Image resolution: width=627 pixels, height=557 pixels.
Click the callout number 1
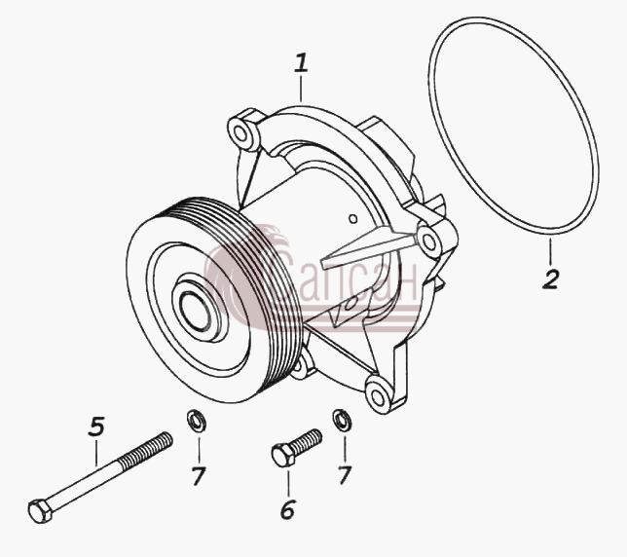click(x=302, y=63)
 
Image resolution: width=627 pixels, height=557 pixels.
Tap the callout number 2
click(x=551, y=279)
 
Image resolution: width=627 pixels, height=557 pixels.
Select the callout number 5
click(x=96, y=427)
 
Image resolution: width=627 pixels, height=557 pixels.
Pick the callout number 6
click(x=287, y=509)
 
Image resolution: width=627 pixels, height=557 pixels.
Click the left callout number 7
click(x=199, y=476)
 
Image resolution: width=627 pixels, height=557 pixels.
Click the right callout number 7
click(x=345, y=475)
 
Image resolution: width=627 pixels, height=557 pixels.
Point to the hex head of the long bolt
click(x=40, y=510)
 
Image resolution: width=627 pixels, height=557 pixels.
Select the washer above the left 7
click(x=197, y=421)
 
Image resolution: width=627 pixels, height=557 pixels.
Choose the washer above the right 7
click(x=343, y=420)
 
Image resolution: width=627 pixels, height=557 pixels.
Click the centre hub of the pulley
click(x=196, y=311)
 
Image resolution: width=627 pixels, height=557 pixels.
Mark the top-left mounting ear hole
click(x=241, y=132)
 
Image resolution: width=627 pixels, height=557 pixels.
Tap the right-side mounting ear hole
click(x=428, y=241)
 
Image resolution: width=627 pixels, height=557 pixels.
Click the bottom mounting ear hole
click(x=377, y=395)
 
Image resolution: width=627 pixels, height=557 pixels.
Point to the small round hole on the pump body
click(x=352, y=219)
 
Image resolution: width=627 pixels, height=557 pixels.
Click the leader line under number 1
click(x=301, y=89)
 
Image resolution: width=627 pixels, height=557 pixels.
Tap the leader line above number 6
click(x=287, y=481)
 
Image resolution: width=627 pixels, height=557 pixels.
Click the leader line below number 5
click(x=96, y=453)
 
